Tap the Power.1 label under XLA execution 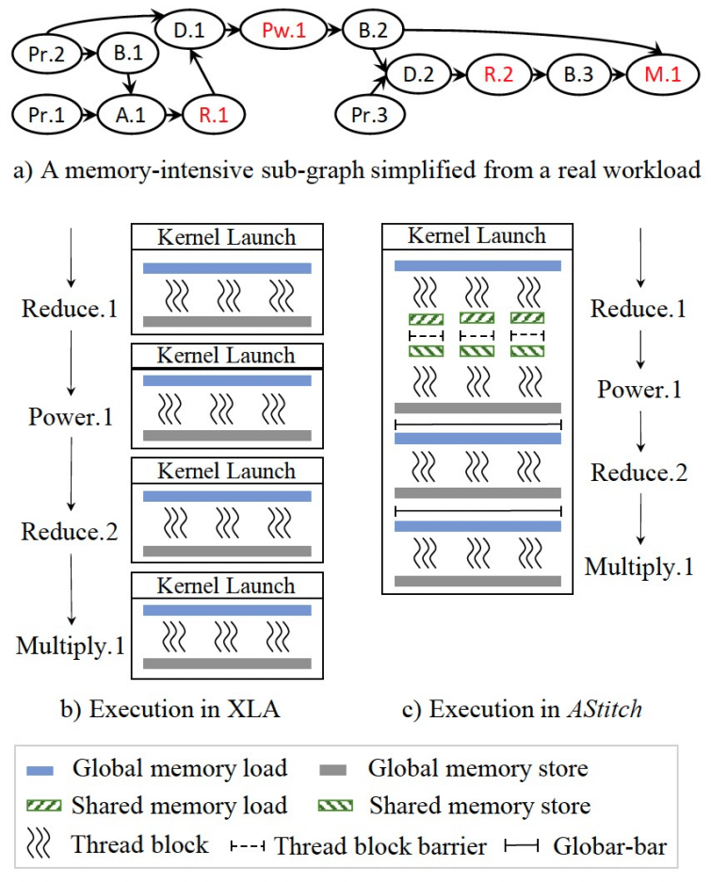point(70,415)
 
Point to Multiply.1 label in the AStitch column point(639,567)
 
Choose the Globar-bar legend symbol point(523,846)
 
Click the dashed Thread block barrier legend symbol point(250,846)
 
